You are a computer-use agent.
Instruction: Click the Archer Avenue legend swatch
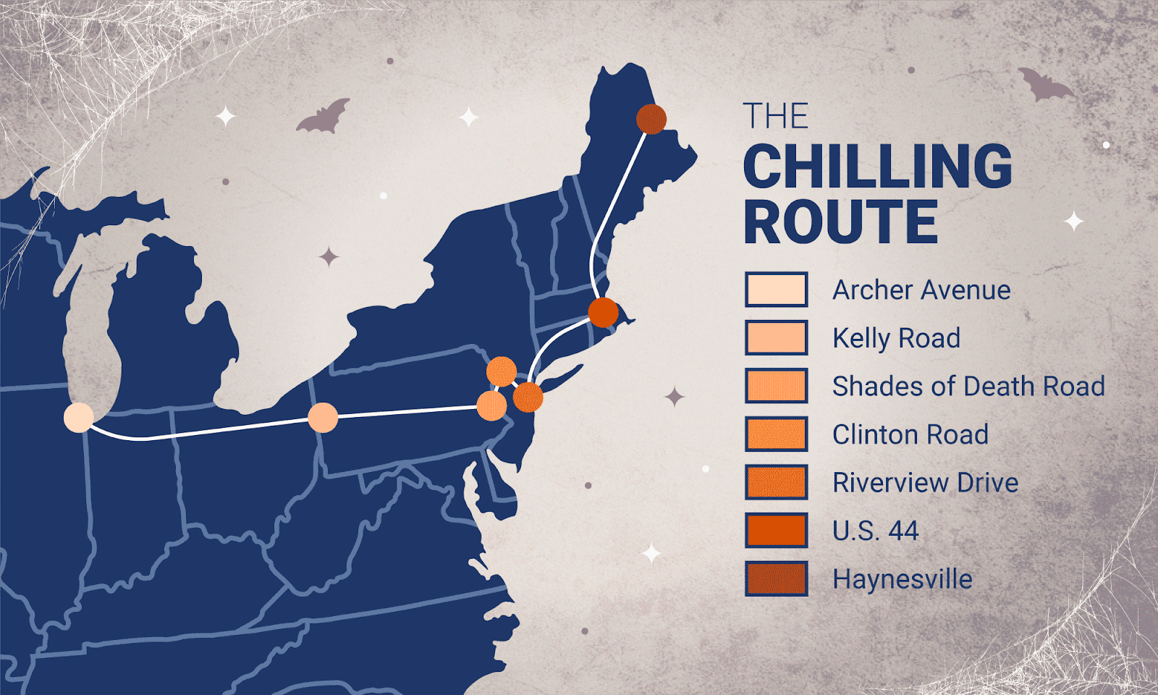coord(776,290)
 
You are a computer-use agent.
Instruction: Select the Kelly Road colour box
coord(776,337)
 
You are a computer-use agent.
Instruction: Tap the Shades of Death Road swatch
coord(776,386)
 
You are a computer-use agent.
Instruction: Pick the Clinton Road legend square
coord(776,434)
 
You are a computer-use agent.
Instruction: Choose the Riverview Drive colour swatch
coord(776,482)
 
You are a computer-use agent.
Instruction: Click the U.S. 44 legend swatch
coord(776,531)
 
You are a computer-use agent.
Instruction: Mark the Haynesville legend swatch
coord(776,578)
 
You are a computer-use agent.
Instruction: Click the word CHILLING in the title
coord(877,167)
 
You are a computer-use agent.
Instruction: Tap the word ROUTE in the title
coord(840,222)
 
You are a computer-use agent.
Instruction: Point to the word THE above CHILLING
coord(775,117)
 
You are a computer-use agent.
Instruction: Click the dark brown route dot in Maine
coord(651,119)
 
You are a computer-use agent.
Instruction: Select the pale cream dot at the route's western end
coord(78,418)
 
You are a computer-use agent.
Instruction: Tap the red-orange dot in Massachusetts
coord(603,313)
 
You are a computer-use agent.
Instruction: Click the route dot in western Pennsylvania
coord(323,418)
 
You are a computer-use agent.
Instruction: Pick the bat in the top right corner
coord(1045,85)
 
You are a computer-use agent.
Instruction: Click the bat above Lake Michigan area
coord(323,117)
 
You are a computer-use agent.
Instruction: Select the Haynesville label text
coord(902,579)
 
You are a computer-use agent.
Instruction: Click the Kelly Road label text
coord(896,338)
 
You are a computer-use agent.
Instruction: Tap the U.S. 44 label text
coord(875,531)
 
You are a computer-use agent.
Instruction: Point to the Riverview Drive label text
coord(925,483)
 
